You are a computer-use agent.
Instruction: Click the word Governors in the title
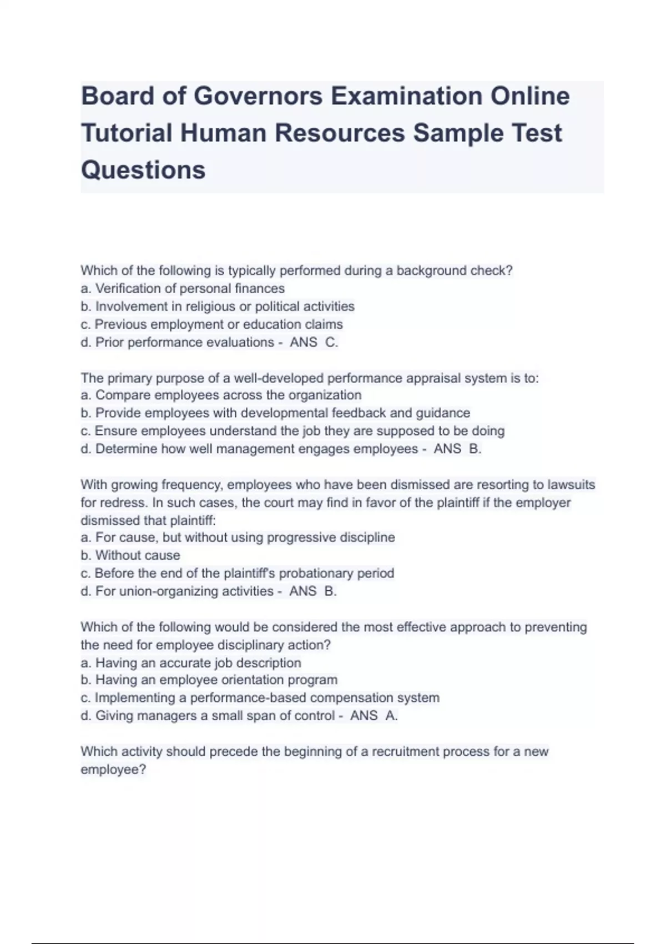[258, 96]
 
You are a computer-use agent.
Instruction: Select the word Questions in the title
[143, 170]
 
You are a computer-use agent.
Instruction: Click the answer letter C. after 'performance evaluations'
[331, 343]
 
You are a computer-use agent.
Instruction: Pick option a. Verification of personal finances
[183, 289]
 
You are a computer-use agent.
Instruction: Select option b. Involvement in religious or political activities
[218, 307]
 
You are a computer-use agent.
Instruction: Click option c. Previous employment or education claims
[212, 324]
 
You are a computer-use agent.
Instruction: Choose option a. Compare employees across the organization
[221, 395]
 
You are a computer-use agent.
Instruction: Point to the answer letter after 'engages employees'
[475, 449]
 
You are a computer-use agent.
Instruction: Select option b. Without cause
[130, 555]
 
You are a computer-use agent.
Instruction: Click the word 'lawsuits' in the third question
[571, 485]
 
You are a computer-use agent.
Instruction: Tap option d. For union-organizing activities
[177, 591]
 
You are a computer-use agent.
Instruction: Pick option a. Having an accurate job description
[191, 663]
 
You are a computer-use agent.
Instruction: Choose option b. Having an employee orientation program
[209, 680]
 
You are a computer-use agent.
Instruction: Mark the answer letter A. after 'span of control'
[391, 716]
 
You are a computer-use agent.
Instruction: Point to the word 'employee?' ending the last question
[113, 770]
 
